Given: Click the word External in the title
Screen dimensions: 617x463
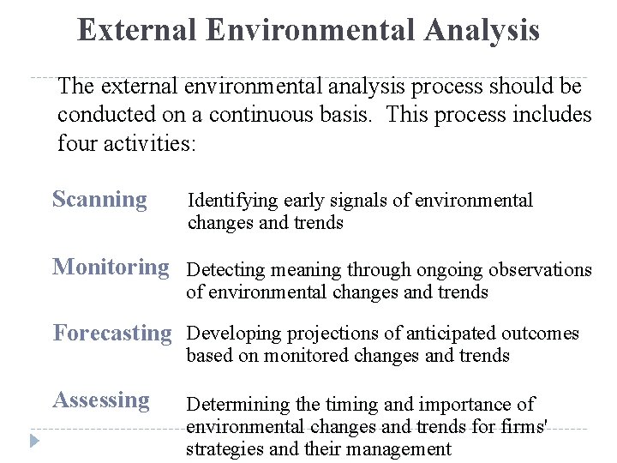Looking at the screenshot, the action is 136,29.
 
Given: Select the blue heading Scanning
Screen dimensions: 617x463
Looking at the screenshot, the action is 100,200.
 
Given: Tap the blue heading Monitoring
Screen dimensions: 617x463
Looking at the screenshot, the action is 111,268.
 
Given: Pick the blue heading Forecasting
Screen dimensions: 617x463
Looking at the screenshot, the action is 112,334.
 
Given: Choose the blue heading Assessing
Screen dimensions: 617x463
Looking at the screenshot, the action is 101,400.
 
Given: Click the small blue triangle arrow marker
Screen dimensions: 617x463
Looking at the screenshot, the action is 34,441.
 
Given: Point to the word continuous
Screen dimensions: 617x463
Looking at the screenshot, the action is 261,115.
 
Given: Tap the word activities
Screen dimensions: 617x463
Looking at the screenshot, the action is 149,143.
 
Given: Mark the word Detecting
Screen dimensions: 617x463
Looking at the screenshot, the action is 226,270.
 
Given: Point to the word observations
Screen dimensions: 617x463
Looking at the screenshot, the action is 540,270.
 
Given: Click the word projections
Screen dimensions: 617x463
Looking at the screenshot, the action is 332,334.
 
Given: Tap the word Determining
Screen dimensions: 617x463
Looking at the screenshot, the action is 238,405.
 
